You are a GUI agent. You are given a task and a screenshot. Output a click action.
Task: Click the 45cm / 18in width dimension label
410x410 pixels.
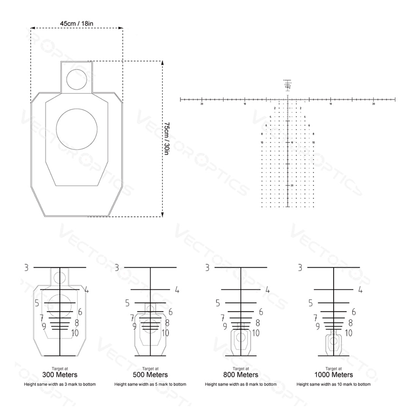tap(77, 23)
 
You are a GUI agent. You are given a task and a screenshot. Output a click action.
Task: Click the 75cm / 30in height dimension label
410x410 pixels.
tap(167, 139)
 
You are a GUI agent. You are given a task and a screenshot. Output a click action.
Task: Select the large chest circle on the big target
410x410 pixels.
tap(76, 129)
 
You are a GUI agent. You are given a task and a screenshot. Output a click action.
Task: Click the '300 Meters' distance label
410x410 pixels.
tap(60, 375)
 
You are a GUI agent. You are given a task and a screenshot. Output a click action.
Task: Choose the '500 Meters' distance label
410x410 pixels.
tap(150, 375)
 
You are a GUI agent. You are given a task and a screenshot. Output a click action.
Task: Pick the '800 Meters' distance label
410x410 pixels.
tap(241, 375)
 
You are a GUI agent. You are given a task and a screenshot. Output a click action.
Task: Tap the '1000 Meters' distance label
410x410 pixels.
tap(333, 375)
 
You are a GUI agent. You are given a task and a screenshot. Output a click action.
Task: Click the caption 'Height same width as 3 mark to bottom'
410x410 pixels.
tap(60, 384)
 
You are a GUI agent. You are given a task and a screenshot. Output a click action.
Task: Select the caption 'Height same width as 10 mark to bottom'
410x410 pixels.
tap(333, 384)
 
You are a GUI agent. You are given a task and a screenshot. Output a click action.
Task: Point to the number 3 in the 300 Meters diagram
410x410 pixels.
tap(26, 268)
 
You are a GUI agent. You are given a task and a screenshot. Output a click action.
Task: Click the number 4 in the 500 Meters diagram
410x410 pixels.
tap(177, 290)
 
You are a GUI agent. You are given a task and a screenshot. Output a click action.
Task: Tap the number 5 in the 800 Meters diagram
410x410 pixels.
tap(218, 303)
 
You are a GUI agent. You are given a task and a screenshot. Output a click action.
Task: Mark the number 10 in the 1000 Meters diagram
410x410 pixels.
tap(348, 333)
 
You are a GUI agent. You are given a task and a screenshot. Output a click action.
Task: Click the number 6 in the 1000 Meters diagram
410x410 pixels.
tap(353, 312)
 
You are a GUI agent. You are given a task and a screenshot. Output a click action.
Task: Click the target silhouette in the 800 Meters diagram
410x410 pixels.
tap(241, 339)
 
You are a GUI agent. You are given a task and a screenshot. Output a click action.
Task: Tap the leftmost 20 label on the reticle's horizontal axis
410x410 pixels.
tap(202, 104)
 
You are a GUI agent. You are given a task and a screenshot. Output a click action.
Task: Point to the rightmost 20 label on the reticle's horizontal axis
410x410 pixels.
tap(374, 104)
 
